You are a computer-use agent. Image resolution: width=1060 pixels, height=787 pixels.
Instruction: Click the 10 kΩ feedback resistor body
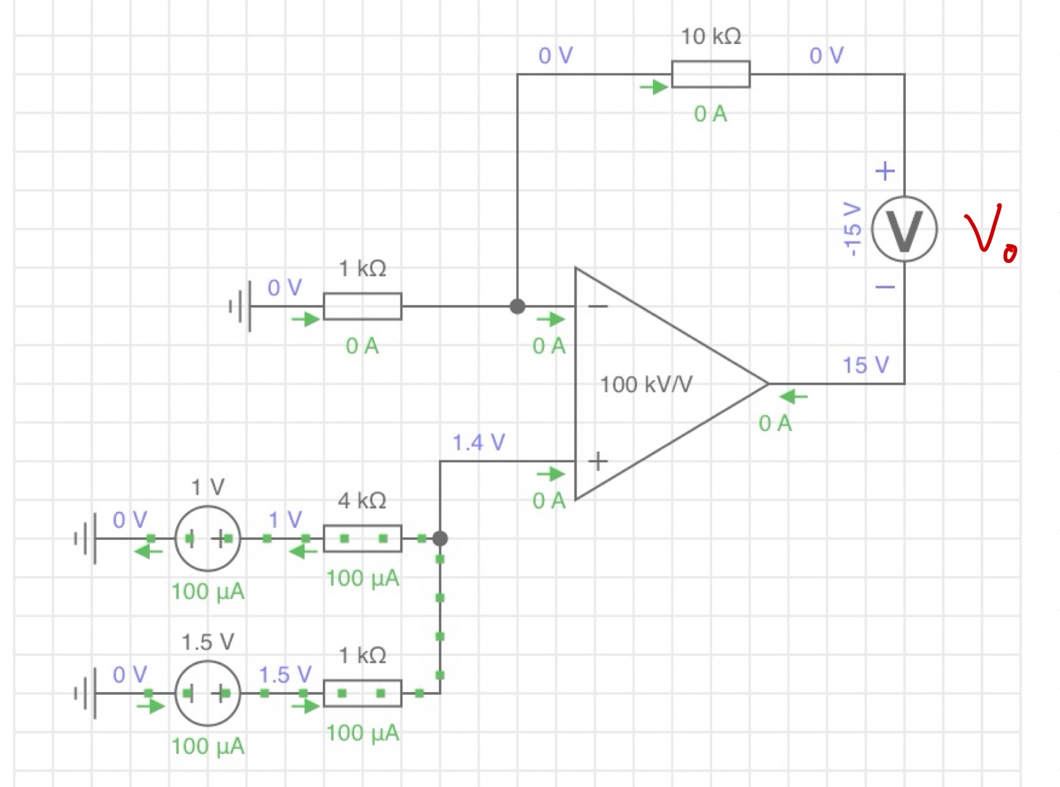(710, 74)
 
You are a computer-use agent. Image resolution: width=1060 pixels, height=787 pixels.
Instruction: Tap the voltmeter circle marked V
(904, 229)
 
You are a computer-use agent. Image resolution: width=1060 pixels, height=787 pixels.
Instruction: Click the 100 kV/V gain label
(646, 385)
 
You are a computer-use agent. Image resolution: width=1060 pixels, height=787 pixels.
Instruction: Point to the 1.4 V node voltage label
(478, 442)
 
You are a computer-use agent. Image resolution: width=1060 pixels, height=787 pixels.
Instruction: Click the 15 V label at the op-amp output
(865, 365)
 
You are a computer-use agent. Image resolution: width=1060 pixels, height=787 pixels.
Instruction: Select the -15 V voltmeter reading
(852, 229)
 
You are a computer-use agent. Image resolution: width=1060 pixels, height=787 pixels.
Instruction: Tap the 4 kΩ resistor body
(362, 539)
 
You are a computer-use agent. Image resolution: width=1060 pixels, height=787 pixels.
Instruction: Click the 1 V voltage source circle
(208, 539)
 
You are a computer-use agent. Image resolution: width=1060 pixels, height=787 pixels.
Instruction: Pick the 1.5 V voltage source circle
(208, 693)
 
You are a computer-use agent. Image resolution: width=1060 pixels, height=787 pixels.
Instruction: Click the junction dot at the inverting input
(517, 306)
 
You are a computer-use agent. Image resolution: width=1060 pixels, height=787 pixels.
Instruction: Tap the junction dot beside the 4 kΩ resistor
(440, 539)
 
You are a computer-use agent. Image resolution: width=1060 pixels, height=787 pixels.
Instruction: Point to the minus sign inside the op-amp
(598, 307)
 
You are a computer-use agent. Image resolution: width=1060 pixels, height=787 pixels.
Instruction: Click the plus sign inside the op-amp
(598, 461)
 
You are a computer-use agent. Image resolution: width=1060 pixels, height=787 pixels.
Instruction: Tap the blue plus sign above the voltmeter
(885, 171)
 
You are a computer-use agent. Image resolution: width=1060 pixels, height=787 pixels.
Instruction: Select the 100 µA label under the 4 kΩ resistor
(362, 578)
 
